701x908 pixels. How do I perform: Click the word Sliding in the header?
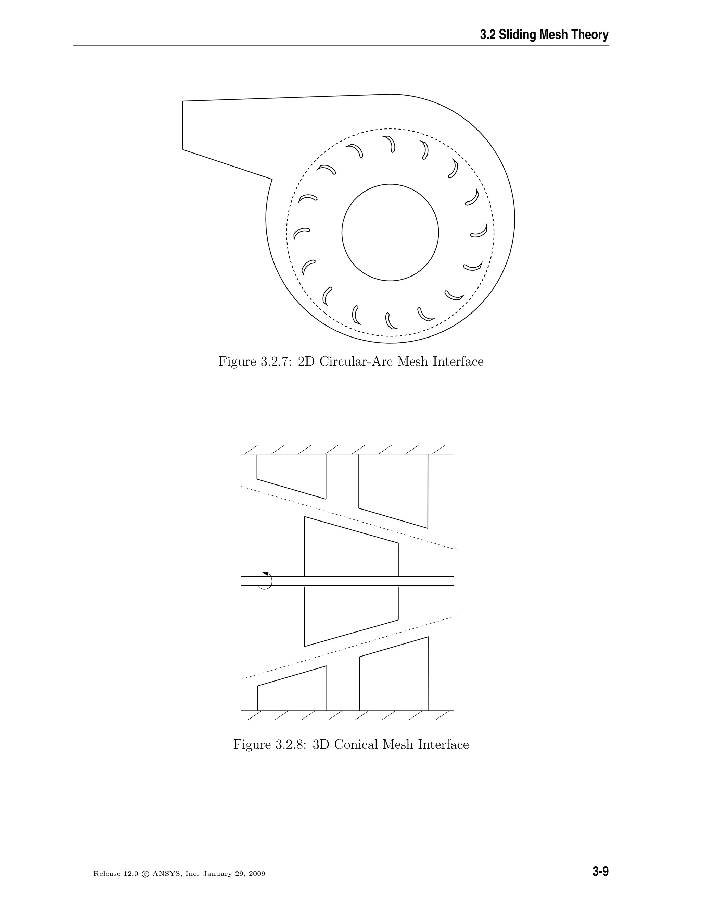click(518, 35)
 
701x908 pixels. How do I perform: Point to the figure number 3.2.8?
click(291, 744)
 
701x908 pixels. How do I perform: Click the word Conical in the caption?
click(356, 744)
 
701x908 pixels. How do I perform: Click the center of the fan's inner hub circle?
click(390, 232)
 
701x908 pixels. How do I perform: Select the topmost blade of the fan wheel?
click(390, 143)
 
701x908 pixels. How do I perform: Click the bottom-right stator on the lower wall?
click(394, 680)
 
